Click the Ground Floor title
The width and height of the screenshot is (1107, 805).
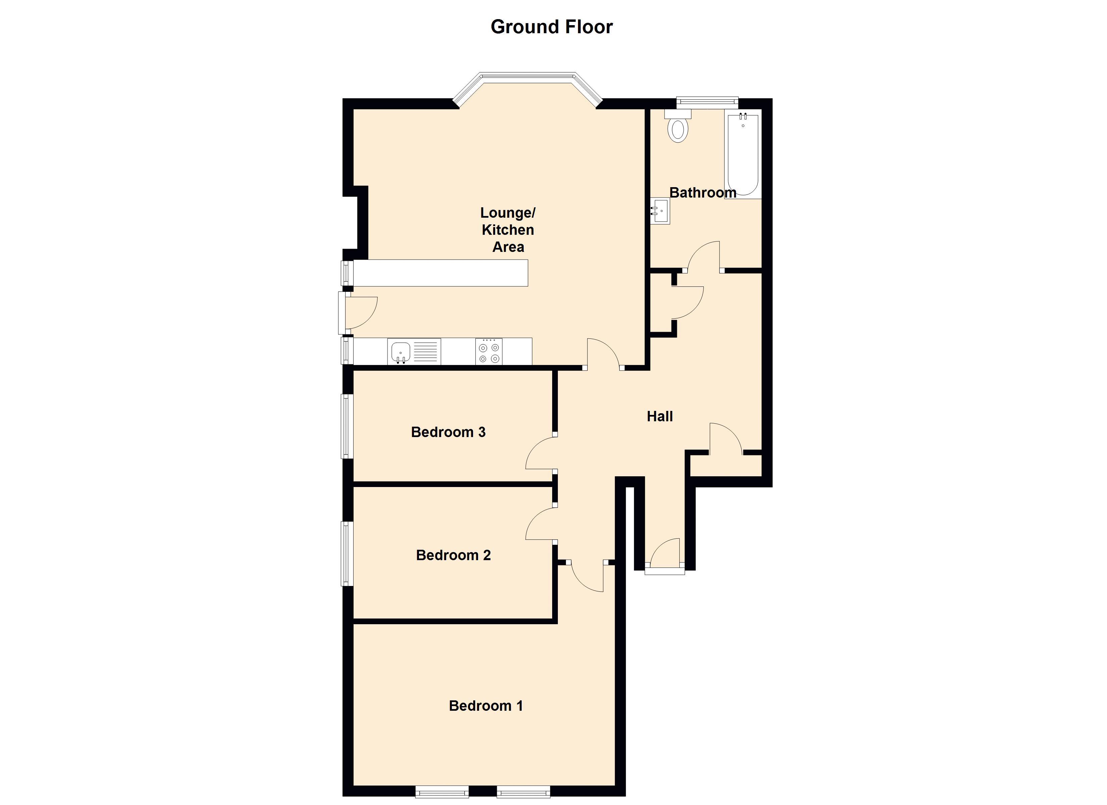pyautogui.click(x=551, y=27)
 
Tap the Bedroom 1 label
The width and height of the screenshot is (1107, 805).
pyautogui.click(x=486, y=706)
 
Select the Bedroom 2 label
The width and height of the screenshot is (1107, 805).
pyautogui.click(x=453, y=555)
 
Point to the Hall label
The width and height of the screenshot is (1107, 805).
pyautogui.click(x=660, y=416)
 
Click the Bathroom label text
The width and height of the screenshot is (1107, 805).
pyautogui.click(x=702, y=193)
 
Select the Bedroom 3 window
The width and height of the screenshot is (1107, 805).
pyautogui.click(x=346, y=426)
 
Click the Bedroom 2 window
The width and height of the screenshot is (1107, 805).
pyautogui.click(x=346, y=553)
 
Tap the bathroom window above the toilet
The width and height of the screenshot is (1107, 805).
pyautogui.click(x=707, y=101)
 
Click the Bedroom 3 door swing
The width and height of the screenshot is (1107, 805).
pyautogui.click(x=541, y=453)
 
